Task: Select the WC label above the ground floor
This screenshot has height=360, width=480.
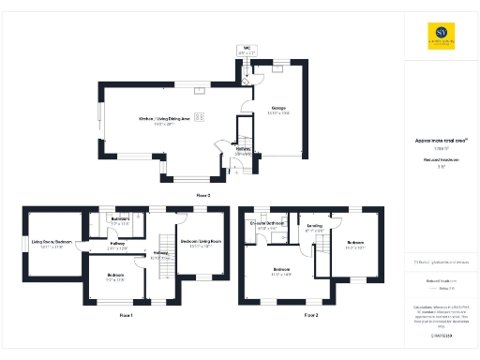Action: (247, 49)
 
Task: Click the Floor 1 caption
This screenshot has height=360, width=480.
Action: (127, 315)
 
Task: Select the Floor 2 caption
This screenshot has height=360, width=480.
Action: (311, 315)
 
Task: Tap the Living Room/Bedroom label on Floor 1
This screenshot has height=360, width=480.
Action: (53, 246)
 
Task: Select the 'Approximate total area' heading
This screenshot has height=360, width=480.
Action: (436, 142)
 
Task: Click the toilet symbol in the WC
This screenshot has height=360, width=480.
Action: (247, 63)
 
